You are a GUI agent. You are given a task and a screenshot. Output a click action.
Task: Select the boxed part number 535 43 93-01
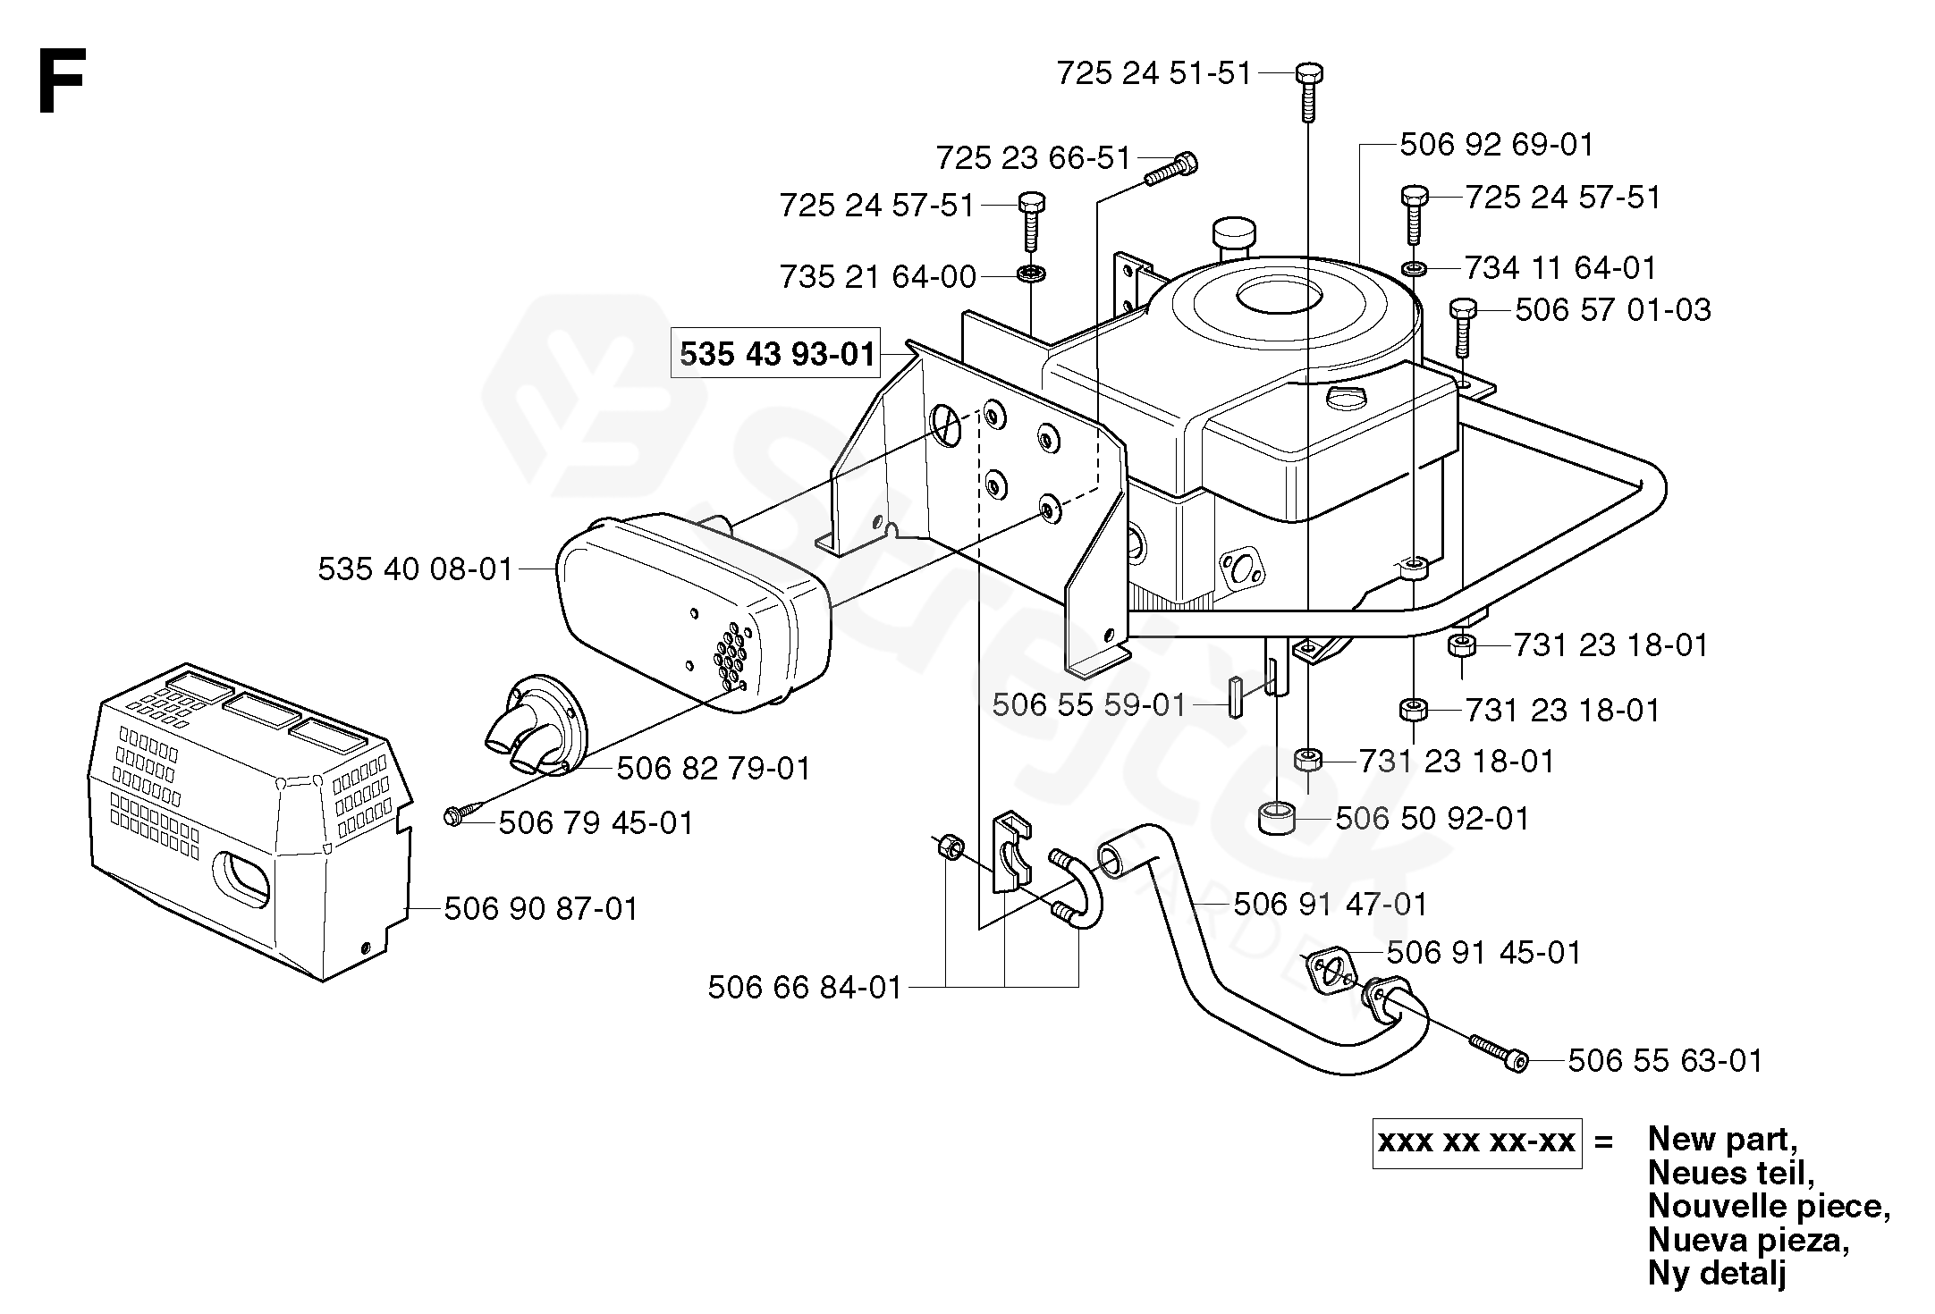(x=776, y=353)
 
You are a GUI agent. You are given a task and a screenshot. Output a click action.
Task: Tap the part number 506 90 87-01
(x=541, y=909)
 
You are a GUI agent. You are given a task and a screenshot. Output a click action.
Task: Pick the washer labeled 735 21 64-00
(x=1031, y=273)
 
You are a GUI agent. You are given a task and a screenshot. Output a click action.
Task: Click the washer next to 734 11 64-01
(x=1414, y=267)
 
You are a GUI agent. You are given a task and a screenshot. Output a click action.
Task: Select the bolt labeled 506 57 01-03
(x=1462, y=326)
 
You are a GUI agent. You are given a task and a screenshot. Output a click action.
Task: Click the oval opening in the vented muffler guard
(x=244, y=875)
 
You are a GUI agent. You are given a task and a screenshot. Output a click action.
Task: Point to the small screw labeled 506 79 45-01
(x=454, y=815)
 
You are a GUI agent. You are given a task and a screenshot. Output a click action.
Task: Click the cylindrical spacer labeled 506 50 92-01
(x=1282, y=817)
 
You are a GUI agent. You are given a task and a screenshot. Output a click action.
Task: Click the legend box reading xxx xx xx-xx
(x=1476, y=1142)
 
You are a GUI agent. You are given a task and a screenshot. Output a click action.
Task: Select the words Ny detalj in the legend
(x=1716, y=1274)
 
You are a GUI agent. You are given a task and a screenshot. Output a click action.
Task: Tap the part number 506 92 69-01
(x=1496, y=145)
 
